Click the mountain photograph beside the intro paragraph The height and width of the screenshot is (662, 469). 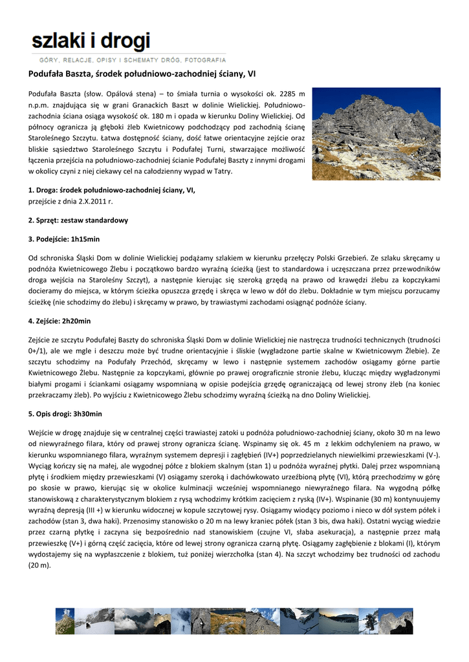376,134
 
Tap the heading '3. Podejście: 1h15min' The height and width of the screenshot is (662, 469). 64,239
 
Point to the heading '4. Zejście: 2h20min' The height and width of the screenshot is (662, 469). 60,321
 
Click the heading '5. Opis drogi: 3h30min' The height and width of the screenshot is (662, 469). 65,413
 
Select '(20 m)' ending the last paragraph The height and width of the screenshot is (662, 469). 39,565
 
